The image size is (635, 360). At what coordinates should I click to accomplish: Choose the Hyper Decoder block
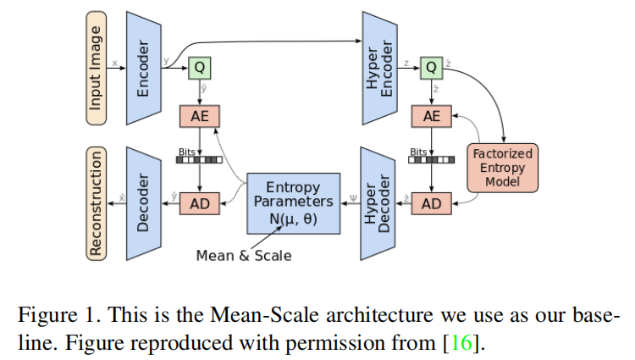coord(378,203)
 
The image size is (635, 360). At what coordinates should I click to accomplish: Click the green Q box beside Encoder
coord(200,66)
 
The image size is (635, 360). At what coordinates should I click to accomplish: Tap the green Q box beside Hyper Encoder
coord(432,66)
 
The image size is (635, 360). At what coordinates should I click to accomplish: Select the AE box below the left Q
coord(200,117)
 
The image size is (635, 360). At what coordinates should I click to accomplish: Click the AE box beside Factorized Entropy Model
coord(432,117)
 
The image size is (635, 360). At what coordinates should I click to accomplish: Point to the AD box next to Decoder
coord(200,204)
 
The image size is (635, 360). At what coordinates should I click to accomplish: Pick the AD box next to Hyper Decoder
coord(432,204)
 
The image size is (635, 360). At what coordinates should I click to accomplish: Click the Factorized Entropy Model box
coord(502,167)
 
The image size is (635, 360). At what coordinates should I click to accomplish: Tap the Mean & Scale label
coord(243,255)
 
